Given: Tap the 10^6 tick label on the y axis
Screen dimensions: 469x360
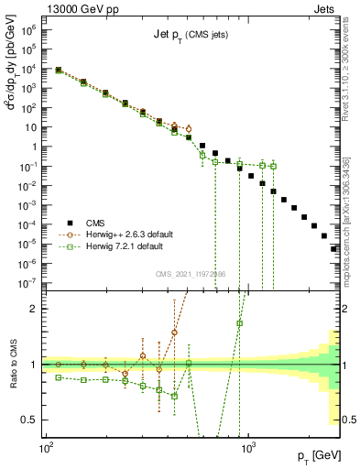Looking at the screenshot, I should pyautogui.click(x=28, y=30).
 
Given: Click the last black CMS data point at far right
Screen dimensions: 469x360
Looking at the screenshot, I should pyautogui.click(x=333, y=248).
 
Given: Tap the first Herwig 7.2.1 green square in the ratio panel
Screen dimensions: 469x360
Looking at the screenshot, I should pyautogui.click(x=59, y=377).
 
